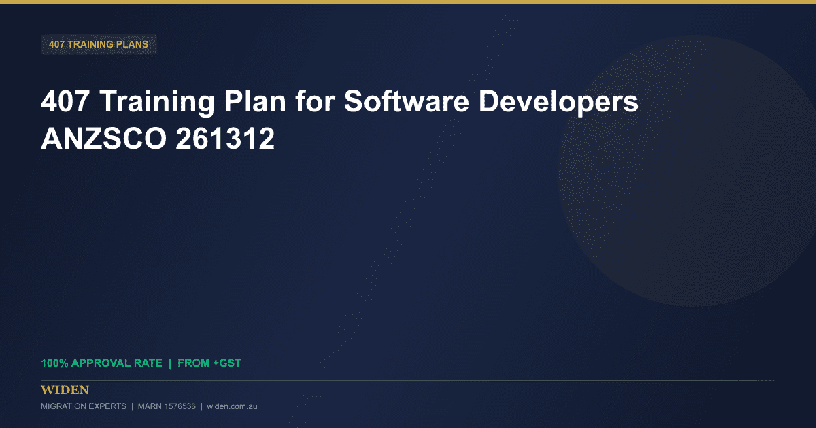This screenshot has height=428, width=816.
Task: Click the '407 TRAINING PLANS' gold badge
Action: [x=99, y=44]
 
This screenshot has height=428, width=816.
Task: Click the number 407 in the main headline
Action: [x=65, y=101]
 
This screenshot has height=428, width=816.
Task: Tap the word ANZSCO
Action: [x=103, y=139]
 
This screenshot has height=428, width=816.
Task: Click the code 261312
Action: [x=225, y=139]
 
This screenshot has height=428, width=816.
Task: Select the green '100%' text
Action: [x=54, y=363]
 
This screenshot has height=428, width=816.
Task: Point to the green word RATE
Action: [x=148, y=363]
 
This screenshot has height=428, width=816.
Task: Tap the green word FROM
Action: [x=193, y=363]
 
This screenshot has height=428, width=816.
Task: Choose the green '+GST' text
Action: [x=227, y=363]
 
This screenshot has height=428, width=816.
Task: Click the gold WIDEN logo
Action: [x=65, y=390]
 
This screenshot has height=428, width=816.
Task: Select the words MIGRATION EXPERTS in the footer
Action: [x=84, y=406]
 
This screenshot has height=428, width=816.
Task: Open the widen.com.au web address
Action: [x=232, y=406]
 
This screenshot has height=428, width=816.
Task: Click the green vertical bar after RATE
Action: [x=170, y=363]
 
